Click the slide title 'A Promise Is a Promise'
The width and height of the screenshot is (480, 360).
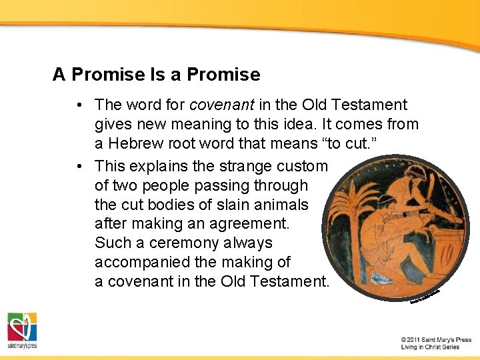pos(156,74)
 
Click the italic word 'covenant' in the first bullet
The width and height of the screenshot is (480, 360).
pos(215,105)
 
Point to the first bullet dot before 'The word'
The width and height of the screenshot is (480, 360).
pos(79,105)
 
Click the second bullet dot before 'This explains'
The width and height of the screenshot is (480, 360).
pos(79,166)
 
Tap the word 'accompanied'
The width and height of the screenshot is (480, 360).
pos(139,262)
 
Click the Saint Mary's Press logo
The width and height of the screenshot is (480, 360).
pos(22,330)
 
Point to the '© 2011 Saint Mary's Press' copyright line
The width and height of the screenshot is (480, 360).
pos(436,339)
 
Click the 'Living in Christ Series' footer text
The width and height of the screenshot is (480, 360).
pos(430,347)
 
